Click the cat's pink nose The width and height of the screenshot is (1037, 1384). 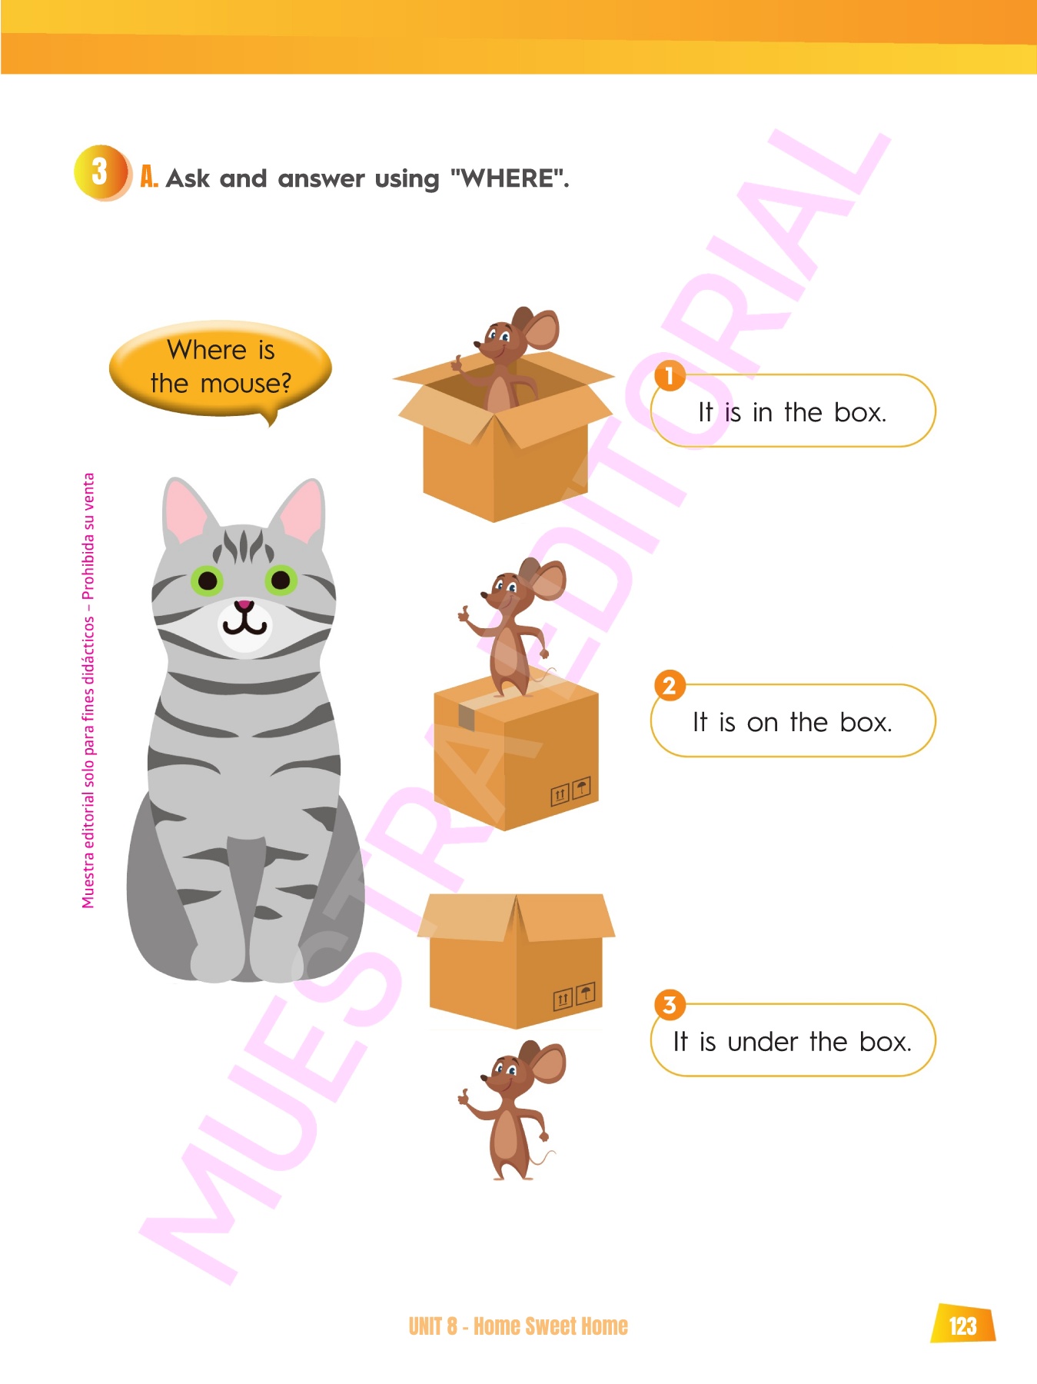coord(244,605)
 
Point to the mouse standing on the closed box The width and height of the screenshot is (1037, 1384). coord(511,627)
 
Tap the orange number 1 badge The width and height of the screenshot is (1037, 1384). coord(670,375)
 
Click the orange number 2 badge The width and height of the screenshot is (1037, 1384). coord(670,685)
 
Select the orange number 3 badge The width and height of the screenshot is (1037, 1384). coord(670,1004)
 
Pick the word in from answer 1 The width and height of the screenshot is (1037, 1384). coord(763,412)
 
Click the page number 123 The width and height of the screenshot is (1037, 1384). coord(962,1325)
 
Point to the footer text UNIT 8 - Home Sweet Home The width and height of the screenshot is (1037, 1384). coord(518,1326)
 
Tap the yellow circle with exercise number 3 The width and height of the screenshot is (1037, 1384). coord(101,172)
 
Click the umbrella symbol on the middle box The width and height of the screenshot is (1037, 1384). coord(582,788)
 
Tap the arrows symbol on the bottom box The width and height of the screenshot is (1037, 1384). coord(563,998)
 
